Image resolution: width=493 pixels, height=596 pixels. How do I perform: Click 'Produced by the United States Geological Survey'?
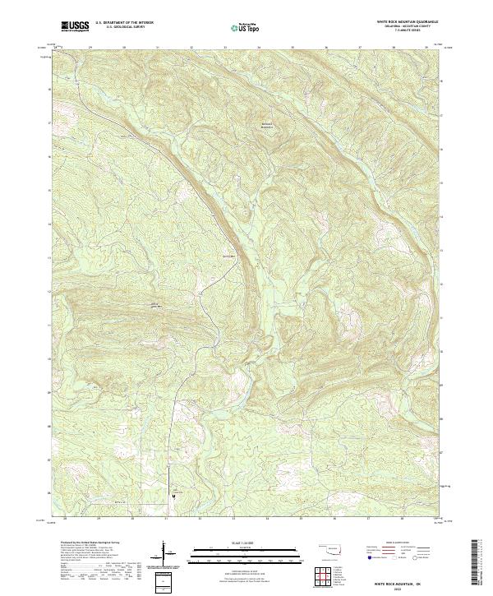point(82,543)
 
